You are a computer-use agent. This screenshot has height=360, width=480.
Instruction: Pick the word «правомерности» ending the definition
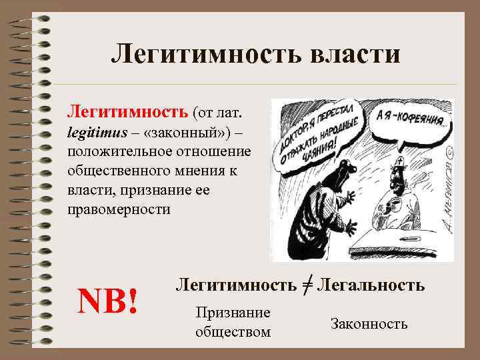[x=119, y=209]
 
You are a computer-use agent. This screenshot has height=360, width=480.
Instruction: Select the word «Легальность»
[x=371, y=285]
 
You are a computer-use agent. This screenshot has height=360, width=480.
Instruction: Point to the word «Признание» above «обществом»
[x=233, y=313]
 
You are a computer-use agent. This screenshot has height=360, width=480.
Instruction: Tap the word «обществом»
[x=233, y=331]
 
